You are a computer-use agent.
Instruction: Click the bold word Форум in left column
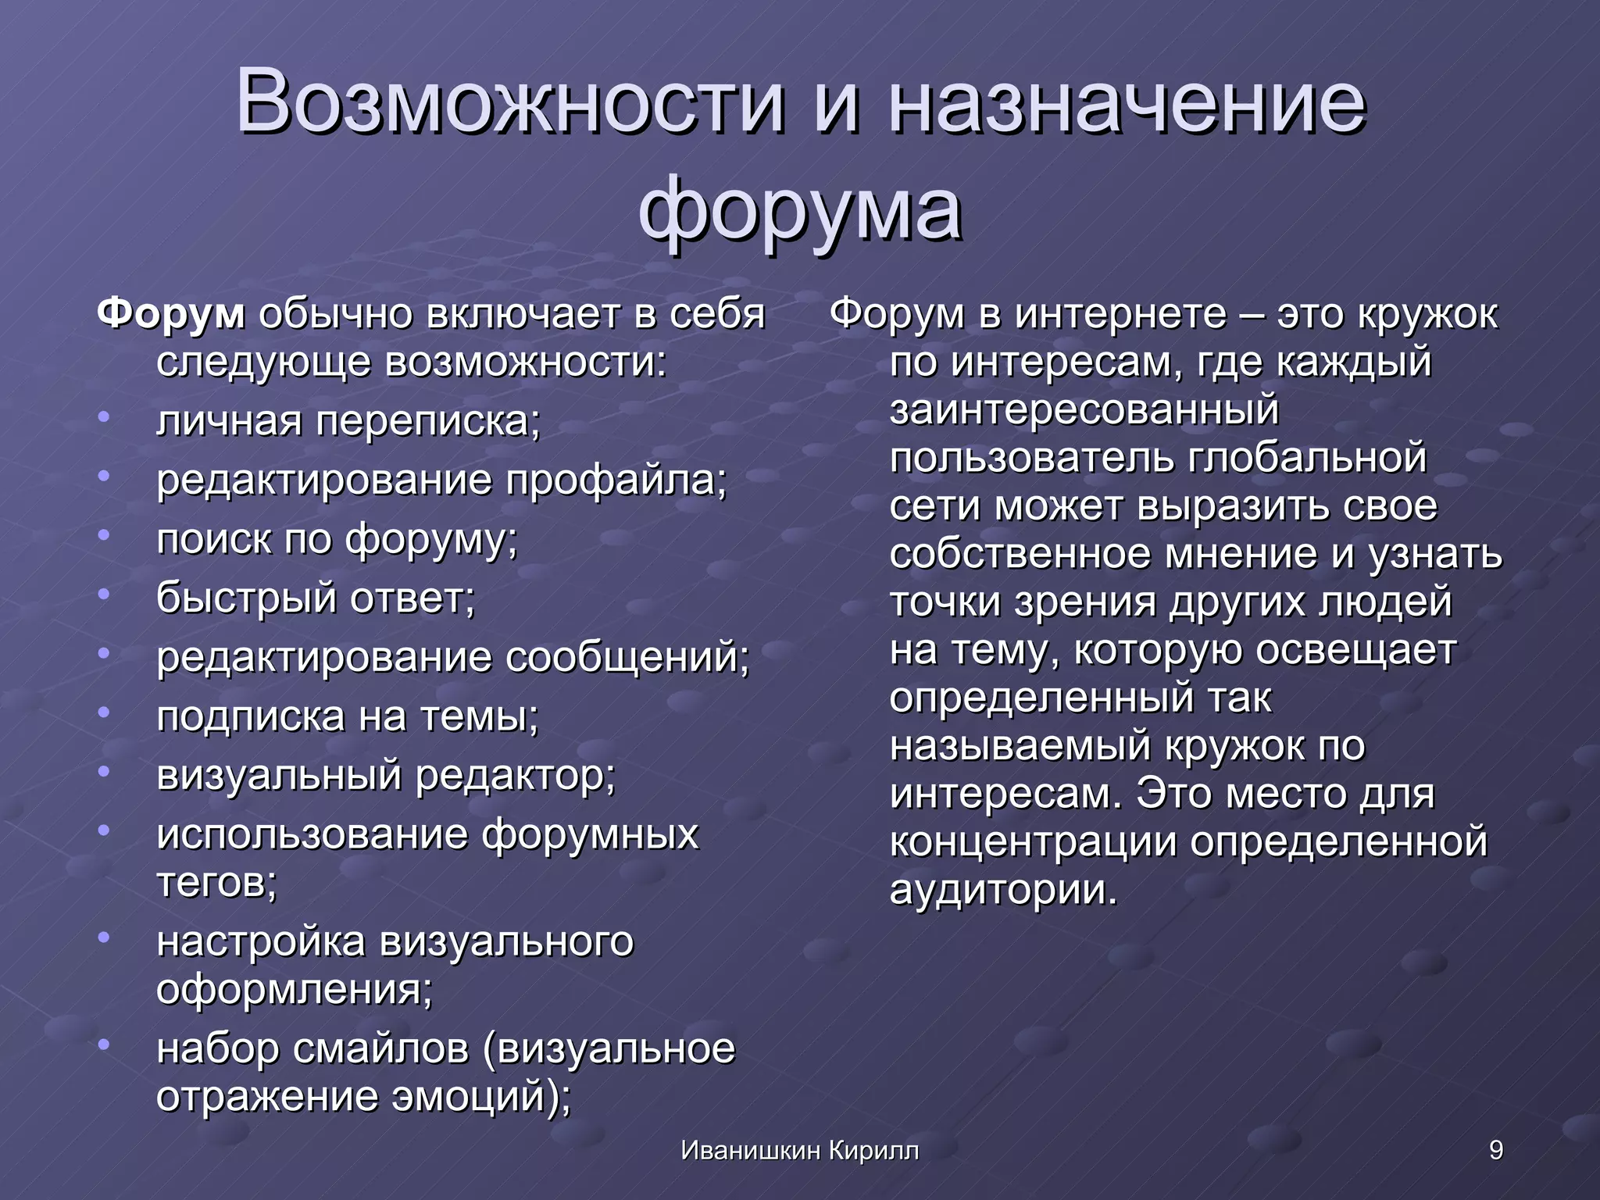(171, 314)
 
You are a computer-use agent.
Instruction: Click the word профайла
(616, 480)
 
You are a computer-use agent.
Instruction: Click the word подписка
(250, 717)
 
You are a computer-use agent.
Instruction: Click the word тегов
(216, 883)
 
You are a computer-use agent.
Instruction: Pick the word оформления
(293, 990)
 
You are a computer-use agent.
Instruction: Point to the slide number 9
(1495, 1150)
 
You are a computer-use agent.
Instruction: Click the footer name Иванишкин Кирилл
(799, 1150)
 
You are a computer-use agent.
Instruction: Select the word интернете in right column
(1120, 314)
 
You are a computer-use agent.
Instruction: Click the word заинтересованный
(1084, 410)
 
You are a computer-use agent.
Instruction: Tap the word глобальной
(1307, 458)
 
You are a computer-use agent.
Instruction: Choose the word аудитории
(1003, 891)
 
